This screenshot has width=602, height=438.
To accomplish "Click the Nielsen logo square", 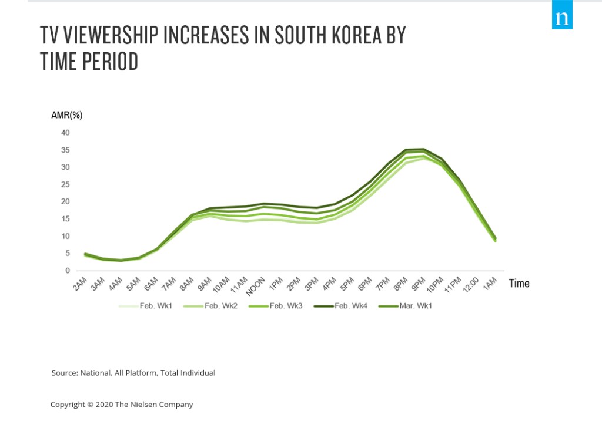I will pos(563,18).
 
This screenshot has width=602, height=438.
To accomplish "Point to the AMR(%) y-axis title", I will pos(67,115).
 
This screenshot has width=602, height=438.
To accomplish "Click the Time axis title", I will pos(519,284).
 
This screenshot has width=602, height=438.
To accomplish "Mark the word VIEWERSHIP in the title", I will pos(108,36).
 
